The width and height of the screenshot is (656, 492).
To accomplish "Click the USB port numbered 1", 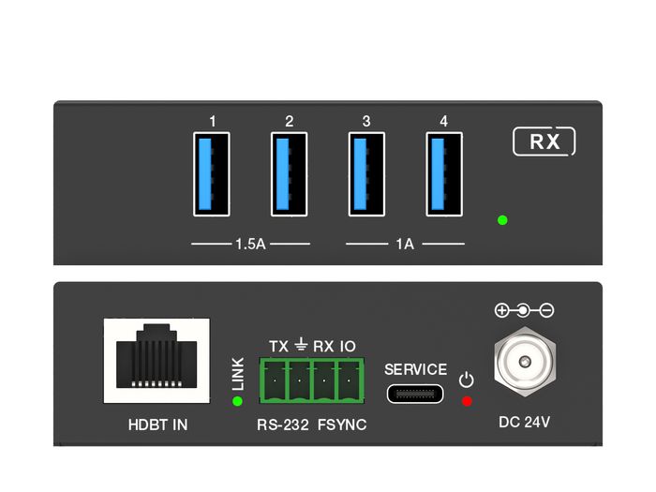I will (x=213, y=174).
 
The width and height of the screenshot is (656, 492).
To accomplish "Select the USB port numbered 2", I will (x=290, y=174).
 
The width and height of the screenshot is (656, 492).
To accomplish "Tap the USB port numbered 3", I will (x=366, y=174).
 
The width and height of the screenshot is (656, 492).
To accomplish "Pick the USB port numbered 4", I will (x=443, y=174).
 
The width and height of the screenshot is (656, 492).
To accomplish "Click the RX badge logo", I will (x=544, y=142).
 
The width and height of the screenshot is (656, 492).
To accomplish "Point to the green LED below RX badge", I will (x=502, y=220).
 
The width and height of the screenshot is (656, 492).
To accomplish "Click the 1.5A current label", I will (x=249, y=245).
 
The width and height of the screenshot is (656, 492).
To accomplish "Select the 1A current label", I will (x=405, y=245).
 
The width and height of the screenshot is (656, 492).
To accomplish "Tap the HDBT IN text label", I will (x=157, y=425).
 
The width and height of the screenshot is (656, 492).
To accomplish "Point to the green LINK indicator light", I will (x=236, y=402).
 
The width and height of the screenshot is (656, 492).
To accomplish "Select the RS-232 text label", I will (x=284, y=425).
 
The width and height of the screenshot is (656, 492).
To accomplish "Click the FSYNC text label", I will (x=341, y=425).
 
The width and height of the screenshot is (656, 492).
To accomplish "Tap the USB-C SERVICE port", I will (x=415, y=394).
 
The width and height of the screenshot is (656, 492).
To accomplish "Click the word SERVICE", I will (x=416, y=369).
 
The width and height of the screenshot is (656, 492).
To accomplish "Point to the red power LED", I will (x=467, y=401).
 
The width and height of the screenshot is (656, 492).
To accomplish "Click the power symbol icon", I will (x=467, y=380).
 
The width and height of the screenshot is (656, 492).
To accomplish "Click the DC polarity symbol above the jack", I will (x=523, y=310).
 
